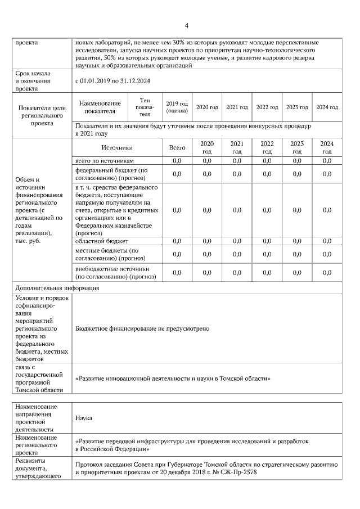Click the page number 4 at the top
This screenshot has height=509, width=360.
186,25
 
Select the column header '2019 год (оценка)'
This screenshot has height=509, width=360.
175,107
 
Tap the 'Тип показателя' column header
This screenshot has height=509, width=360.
145,106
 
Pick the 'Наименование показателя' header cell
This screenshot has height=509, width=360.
100,107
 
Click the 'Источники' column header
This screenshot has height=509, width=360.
117,147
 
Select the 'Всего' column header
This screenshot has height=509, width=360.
177,147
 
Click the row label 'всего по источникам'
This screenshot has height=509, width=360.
105,161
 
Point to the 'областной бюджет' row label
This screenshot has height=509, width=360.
99,241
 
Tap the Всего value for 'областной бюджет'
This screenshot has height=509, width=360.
177,241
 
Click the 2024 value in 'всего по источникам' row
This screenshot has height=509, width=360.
327,161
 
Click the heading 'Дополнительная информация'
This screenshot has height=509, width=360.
57,287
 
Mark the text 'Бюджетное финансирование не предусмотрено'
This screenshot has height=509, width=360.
142,328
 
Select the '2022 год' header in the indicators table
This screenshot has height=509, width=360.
267,107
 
